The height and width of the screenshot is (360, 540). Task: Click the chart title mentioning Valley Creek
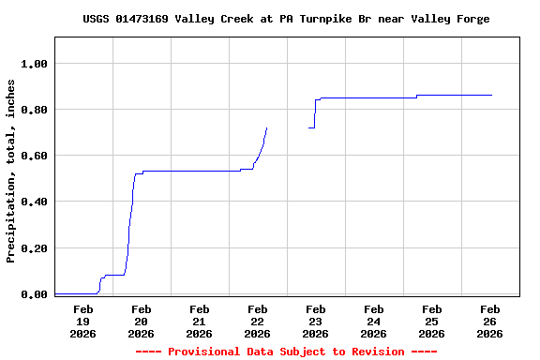point(286,19)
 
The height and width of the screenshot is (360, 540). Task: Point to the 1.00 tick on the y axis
point(35,64)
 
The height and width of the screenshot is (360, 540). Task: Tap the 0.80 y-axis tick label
point(35,110)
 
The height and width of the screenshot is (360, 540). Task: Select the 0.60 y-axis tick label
point(35,156)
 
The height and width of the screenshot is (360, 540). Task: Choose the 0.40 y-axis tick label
point(35,202)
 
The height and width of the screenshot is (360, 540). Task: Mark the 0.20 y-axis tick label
point(35,248)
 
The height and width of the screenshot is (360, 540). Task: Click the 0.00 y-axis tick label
point(35,294)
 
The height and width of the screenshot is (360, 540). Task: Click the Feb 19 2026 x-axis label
point(82,321)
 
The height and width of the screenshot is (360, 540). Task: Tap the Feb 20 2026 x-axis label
point(141,321)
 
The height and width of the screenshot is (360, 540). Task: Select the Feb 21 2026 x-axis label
point(199,321)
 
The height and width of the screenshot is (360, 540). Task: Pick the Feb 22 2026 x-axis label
point(257,321)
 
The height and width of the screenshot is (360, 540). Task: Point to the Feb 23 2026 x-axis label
point(315,321)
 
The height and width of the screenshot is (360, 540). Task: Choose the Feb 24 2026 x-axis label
point(373,321)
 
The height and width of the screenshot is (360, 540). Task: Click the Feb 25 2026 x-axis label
point(431,321)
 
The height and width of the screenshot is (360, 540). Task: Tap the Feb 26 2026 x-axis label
point(489,321)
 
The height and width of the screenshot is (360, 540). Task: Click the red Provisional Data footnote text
point(286,352)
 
